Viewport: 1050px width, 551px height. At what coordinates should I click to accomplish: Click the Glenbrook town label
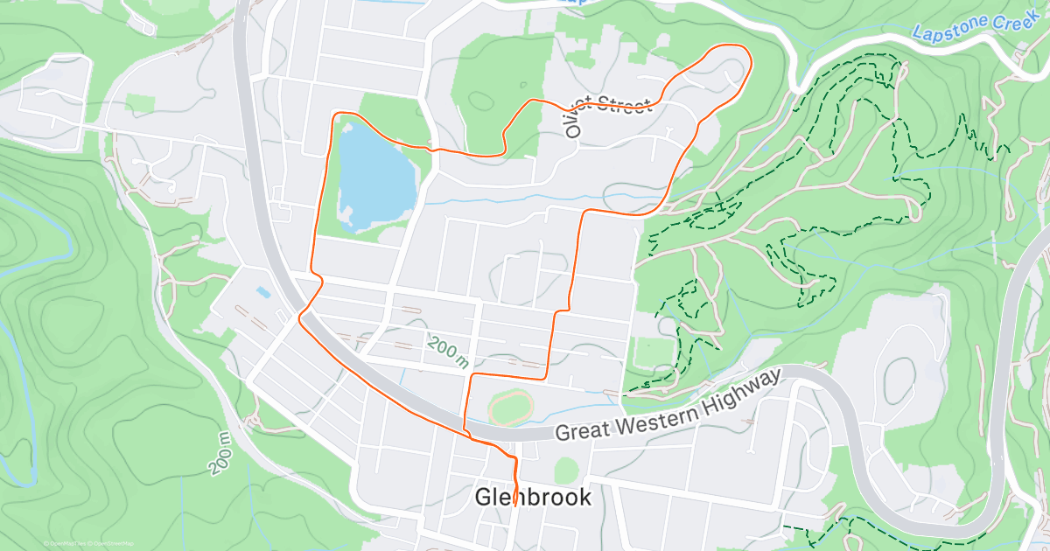point(533,498)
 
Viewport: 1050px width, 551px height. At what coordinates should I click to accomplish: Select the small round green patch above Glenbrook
point(566,470)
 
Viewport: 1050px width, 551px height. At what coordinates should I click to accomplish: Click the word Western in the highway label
point(653,416)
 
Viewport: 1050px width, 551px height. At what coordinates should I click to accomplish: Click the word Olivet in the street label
point(574,121)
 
